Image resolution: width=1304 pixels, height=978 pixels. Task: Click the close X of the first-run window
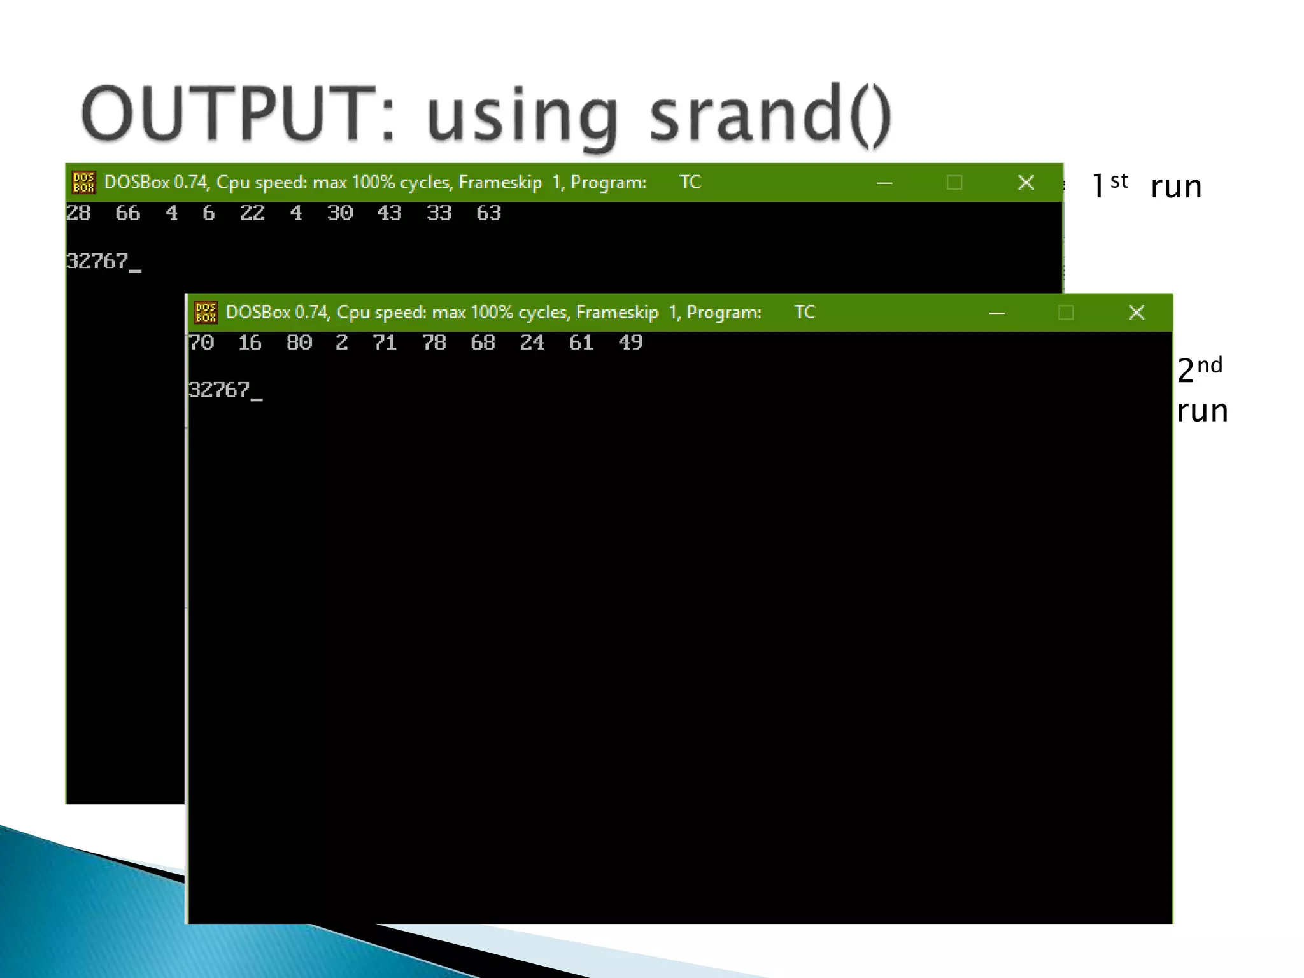click(1026, 183)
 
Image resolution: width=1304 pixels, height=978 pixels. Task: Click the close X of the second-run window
click(1137, 313)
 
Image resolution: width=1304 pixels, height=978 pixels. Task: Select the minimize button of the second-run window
click(997, 313)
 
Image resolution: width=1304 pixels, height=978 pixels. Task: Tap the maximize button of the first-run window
click(954, 183)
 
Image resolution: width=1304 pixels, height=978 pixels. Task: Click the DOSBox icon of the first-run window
click(83, 183)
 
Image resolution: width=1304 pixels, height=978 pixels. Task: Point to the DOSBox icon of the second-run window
click(206, 313)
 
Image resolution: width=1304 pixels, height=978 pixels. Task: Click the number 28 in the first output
click(78, 213)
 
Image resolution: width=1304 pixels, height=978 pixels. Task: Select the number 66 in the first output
click(127, 213)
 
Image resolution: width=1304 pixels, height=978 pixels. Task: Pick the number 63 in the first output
click(488, 213)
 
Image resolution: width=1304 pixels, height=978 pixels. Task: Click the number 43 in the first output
click(389, 213)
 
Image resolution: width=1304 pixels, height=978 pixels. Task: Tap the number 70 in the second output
click(201, 343)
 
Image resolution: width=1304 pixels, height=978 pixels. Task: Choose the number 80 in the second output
click(299, 343)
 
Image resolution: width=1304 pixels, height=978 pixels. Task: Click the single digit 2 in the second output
click(342, 343)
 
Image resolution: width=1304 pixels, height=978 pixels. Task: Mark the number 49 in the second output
click(630, 343)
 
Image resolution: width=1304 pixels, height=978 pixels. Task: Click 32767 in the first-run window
click(97, 262)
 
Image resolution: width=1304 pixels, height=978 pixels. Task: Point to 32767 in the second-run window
click(220, 390)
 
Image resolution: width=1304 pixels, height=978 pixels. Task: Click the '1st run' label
click(1146, 187)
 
